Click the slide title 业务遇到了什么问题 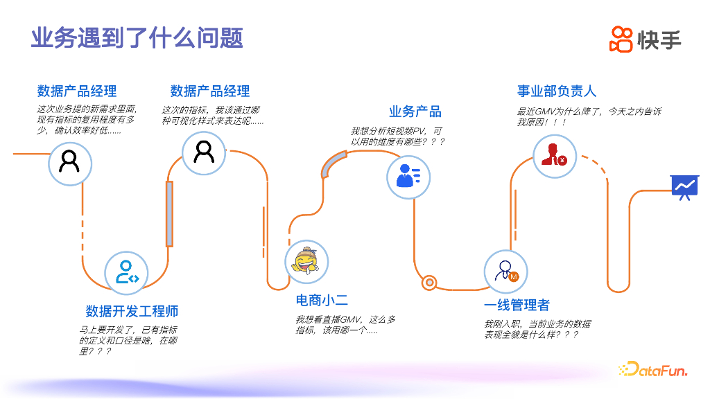pyautogui.click(x=137, y=37)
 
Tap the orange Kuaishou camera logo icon pyautogui.click(x=621, y=39)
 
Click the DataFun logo pyautogui.click(x=652, y=371)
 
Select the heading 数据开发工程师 pyautogui.click(x=132, y=311)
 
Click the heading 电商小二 pyautogui.click(x=322, y=300)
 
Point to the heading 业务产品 pyautogui.click(x=415, y=112)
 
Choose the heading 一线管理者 pyautogui.click(x=517, y=305)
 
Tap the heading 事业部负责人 pyautogui.click(x=556, y=91)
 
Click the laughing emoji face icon pyautogui.click(x=306, y=261)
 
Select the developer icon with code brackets pyautogui.click(x=127, y=272)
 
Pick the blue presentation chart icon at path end pyautogui.click(x=684, y=186)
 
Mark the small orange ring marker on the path pyautogui.click(x=429, y=282)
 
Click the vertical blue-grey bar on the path pyautogui.click(x=169, y=213)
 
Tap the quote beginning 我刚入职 pyautogui.click(x=537, y=329)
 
